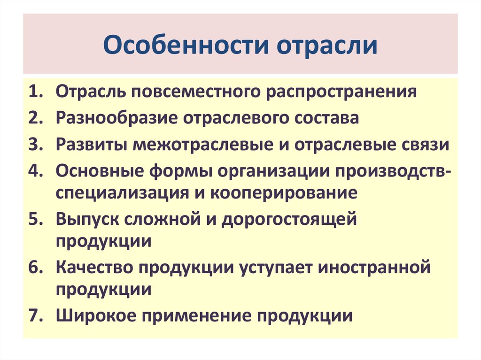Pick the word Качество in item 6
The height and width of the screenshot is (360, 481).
tap(93, 268)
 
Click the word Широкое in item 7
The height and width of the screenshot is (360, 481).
tap(93, 315)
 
